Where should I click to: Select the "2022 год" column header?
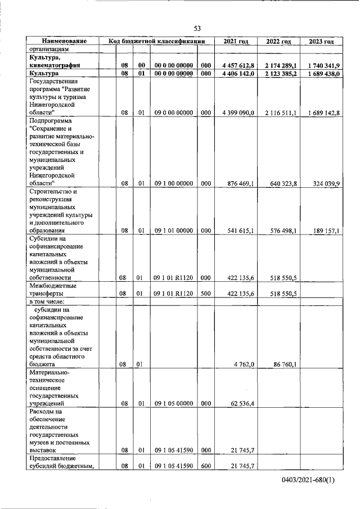pyautogui.click(x=278, y=42)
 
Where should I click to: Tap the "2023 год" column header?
pyautogui.click(x=321, y=42)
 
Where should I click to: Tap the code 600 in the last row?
pyautogui.click(x=206, y=466)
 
